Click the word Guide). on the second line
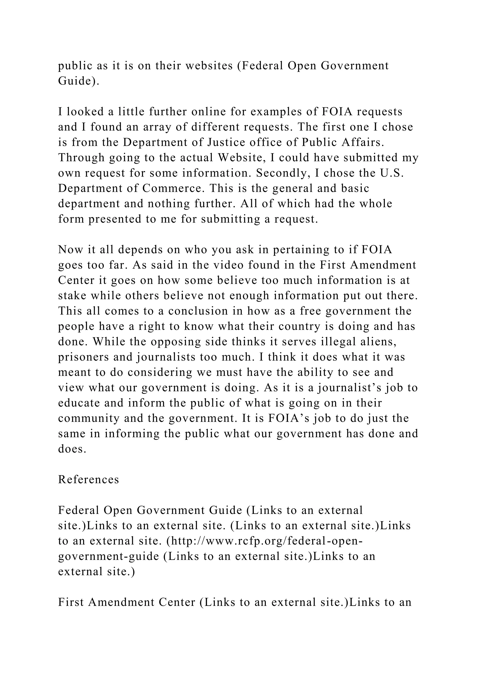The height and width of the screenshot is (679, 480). coord(79,81)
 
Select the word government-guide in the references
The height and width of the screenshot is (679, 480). coord(109,556)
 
